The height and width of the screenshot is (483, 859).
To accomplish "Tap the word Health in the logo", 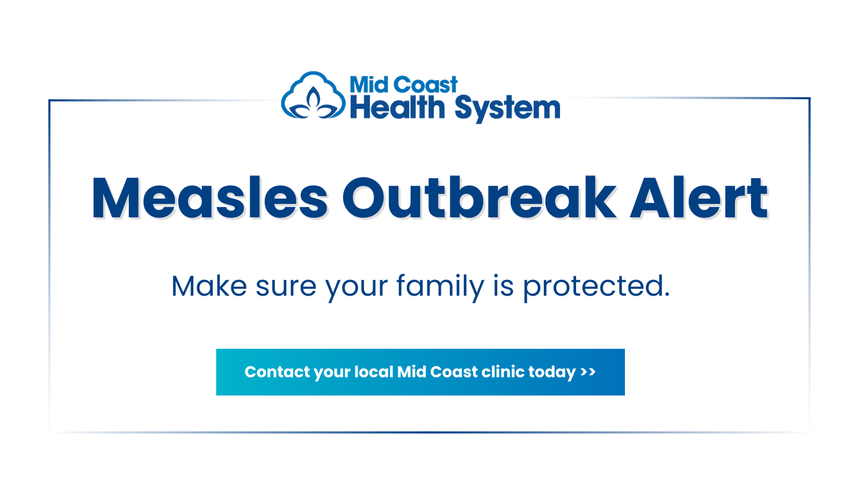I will pyautogui.click(x=397, y=108).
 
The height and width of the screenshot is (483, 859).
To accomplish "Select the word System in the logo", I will pyautogui.click(x=507, y=109).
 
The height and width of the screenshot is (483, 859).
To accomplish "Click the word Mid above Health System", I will pyautogui.click(x=369, y=85).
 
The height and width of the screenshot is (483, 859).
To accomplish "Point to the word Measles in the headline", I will pyautogui.click(x=209, y=199).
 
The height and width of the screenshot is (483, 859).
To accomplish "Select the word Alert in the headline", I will pyautogui.click(x=699, y=199).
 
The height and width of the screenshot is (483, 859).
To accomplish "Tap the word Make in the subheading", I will pyautogui.click(x=209, y=286).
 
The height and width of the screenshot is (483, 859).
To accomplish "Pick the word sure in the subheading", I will pyautogui.click(x=286, y=286).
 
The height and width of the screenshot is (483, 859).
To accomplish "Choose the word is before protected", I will pyautogui.click(x=504, y=286).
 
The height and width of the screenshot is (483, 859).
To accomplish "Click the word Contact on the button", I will pyautogui.click(x=277, y=372).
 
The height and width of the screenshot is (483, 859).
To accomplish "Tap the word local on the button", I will pyautogui.click(x=374, y=372).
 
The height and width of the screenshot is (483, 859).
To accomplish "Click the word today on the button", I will pyautogui.click(x=552, y=372).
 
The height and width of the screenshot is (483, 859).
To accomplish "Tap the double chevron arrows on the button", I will pyautogui.click(x=588, y=372).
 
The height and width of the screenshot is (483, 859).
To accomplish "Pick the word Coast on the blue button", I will pyautogui.click(x=454, y=372).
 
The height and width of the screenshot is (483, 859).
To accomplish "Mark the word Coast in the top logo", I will pyautogui.click(x=425, y=85).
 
